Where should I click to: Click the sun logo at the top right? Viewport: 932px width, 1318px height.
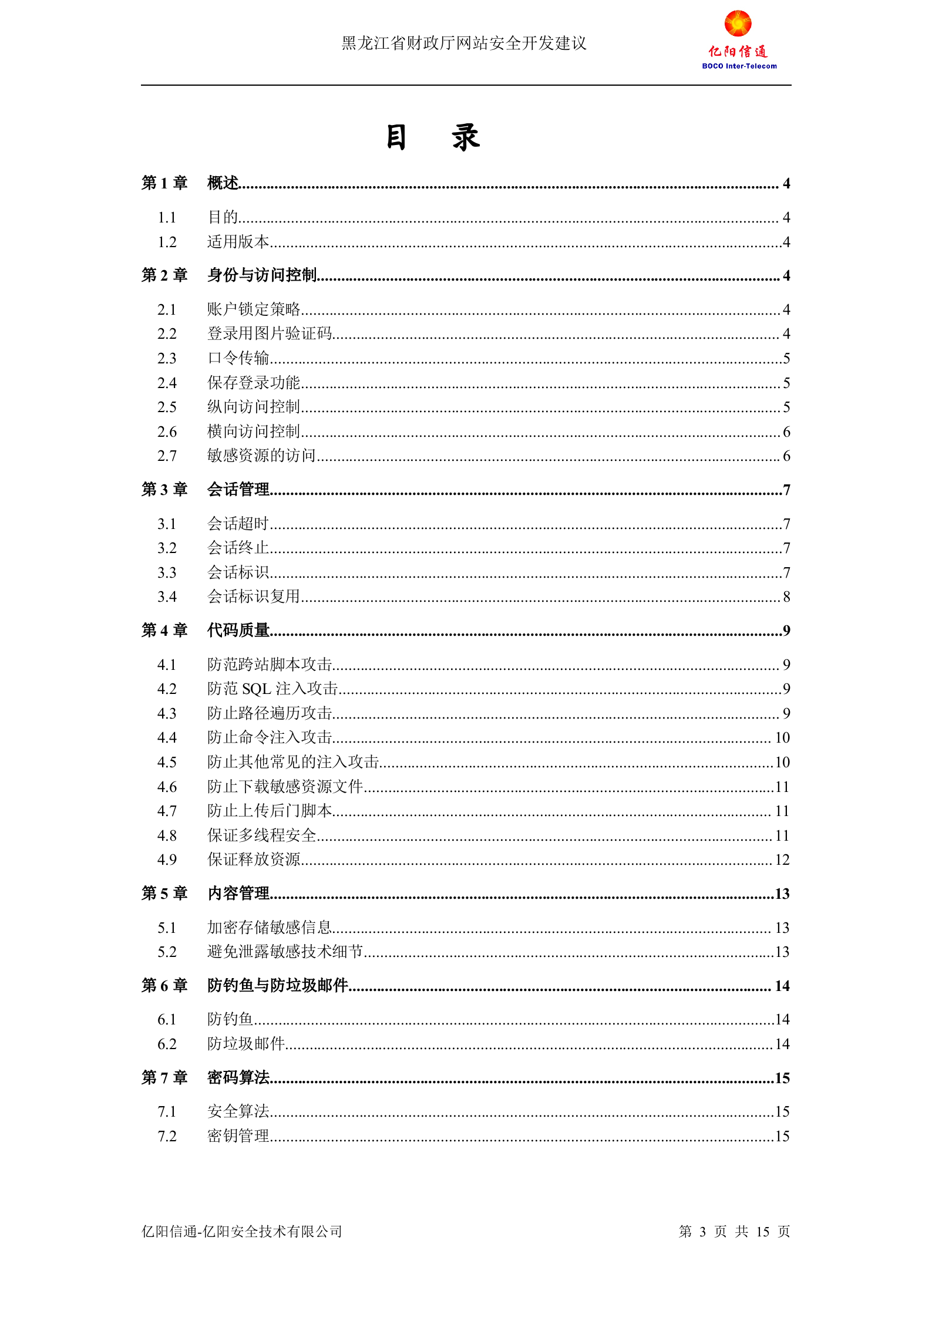click(738, 23)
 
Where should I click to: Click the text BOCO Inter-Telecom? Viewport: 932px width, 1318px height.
click(739, 66)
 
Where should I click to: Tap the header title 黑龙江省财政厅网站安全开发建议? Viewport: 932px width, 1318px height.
click(464, 43)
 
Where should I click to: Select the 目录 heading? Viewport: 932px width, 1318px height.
click(433, 138)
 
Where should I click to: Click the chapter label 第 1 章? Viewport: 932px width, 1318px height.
click(164, 183)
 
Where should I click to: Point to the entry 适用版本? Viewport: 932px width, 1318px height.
click(238, 242)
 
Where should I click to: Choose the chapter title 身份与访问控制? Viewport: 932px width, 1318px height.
click(262, 275)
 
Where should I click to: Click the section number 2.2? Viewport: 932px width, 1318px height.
click(167, 334)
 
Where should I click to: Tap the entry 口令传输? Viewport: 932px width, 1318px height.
click(238, 358)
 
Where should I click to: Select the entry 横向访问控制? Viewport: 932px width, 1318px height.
click(254, 432)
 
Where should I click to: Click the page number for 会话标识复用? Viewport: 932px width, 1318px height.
click(786, 597)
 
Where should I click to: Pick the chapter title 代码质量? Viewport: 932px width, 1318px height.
click(238, 631)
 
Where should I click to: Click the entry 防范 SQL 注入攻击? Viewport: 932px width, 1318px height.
click(272, 689)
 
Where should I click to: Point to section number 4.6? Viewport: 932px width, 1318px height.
click(167, 787)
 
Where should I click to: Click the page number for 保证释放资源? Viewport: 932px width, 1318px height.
click(782, 860)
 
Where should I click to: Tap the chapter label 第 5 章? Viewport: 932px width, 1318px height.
click(164, 894)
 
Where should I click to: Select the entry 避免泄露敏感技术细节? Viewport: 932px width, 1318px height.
click(285, 952)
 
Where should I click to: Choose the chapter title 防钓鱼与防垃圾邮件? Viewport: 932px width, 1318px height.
click(278, 986)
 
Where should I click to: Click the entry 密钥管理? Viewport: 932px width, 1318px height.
click(238, 1136)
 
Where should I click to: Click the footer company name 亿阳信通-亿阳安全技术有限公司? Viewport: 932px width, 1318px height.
click(241, 1231)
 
